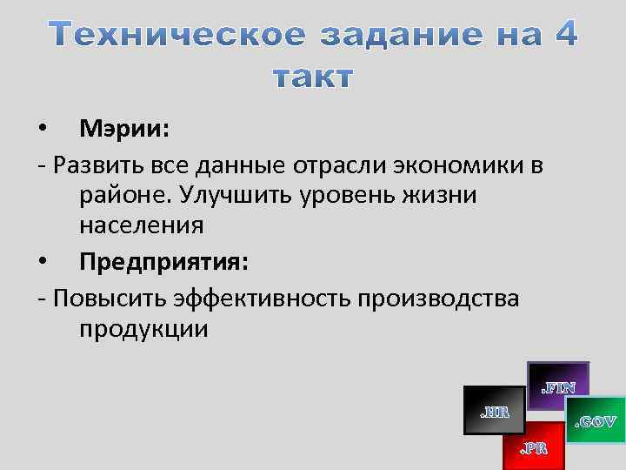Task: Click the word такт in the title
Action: coord(313,77)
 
